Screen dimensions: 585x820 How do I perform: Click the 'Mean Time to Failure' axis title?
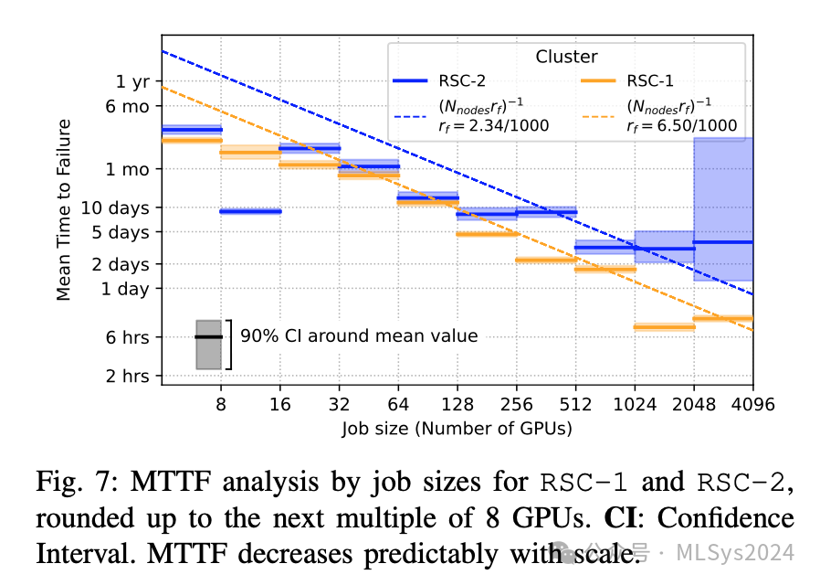pos(64,215)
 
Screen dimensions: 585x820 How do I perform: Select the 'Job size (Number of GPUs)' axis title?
pos(457,427)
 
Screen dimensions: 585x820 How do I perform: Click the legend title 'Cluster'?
pos(566,57)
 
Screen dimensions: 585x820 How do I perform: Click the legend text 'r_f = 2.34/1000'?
pos(495,125)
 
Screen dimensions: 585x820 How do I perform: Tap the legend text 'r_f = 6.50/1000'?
pos(683,125)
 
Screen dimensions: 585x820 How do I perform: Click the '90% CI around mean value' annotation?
pos(359,336)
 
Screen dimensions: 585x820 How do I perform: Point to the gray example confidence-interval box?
pos(209,345)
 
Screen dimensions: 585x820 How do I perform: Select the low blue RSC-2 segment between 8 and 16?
pos(250,211)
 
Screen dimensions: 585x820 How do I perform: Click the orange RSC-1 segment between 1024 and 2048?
pos(664,326)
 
